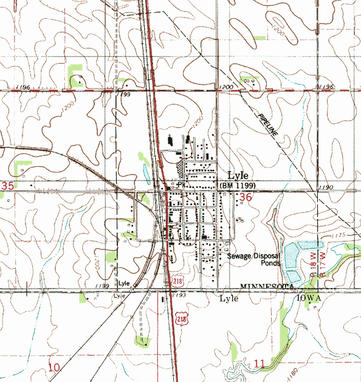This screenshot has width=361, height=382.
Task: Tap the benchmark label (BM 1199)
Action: pos(238,185)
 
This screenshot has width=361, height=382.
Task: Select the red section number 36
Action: pos(246,198)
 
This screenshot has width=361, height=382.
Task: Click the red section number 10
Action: pos(55,367)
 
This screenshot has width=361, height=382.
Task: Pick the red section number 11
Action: pos(260,364)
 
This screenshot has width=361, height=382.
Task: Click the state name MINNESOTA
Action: pos(267,286)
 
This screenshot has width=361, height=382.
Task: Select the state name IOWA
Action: pos(309,299)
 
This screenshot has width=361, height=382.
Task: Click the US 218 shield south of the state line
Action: pos(181,318)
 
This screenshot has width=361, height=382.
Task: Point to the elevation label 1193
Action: pos(178,295)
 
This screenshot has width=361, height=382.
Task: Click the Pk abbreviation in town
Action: pos(180,185)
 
